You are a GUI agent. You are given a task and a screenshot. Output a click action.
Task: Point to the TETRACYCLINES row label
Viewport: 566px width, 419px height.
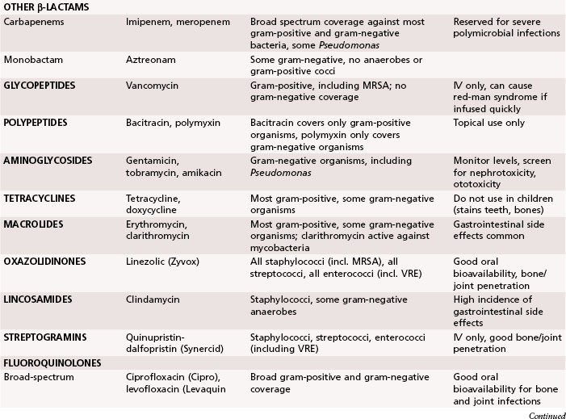pyautogui.click(x=45, y=199)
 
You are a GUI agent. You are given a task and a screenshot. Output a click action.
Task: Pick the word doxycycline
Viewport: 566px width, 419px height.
pyautogui.click(x=153, y=210)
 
